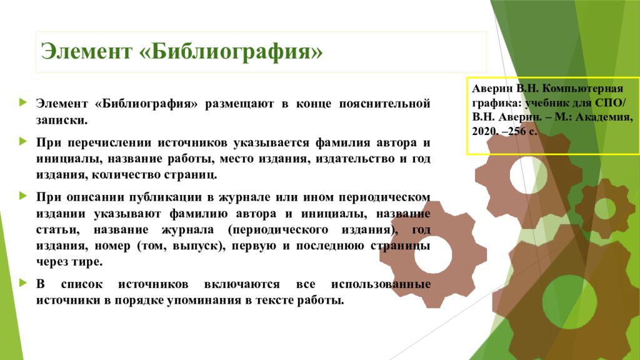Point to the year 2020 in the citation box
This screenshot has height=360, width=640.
[485, 132]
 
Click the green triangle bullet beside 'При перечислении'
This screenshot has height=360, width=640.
[23, 142]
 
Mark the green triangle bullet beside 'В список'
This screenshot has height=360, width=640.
[23, 283]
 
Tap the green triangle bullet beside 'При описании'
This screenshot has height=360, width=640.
[23, 196]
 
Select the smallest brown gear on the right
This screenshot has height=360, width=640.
[605, 209]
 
